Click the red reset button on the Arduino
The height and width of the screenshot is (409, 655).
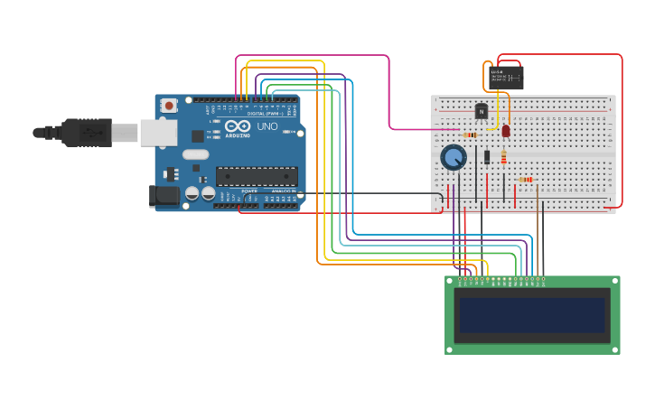[169, 106]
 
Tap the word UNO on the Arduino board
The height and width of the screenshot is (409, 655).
[267, 126]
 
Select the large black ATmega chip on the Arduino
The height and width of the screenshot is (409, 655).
[257, 176]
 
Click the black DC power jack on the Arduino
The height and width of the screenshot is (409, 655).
[164, 195]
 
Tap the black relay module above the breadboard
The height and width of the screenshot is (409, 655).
[506, 78]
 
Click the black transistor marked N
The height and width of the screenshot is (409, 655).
[482, 111]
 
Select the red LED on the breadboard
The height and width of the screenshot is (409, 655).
[506, 131]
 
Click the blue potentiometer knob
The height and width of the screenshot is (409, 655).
[454, 158]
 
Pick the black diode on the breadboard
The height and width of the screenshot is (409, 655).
[487, 157]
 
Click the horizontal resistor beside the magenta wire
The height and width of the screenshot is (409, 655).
[470, 135]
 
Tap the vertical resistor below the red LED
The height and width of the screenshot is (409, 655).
[504, 158]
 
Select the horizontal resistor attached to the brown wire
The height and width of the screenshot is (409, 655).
[526, 180]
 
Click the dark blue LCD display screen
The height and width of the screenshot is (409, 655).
[532, 315]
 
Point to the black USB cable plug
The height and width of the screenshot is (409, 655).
[86, 133]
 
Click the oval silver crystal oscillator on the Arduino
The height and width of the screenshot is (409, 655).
[195, 154]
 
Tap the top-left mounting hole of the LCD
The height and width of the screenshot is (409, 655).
[451, 281]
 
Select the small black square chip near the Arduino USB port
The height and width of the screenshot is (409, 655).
[198, 136]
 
